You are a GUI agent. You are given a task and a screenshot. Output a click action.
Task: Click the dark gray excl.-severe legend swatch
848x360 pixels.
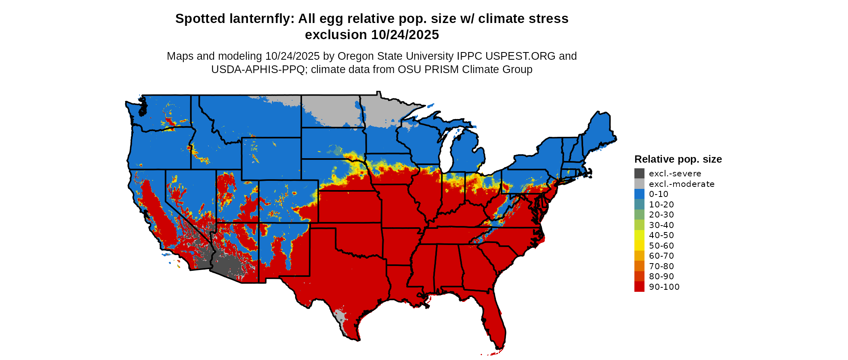click(639, 174)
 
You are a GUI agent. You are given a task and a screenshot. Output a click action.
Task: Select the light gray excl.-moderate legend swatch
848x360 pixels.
click(639, 184)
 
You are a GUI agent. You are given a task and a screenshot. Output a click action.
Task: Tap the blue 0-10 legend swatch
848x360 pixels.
click(639, 194)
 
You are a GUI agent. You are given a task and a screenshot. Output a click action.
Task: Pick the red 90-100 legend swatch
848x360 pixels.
click(639, 287)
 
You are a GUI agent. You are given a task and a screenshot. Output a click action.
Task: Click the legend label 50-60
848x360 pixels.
click(661, 246)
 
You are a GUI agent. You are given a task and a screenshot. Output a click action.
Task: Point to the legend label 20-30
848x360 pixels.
click(661, 215)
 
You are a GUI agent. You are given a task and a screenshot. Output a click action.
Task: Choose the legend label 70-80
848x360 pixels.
click(661, 266)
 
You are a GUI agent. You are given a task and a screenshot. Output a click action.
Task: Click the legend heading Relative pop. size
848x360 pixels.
click(678, 159)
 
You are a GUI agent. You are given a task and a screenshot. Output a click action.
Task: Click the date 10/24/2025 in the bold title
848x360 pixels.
click(405, 35)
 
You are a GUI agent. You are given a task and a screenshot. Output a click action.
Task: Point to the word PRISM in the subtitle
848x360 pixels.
click(444, 69)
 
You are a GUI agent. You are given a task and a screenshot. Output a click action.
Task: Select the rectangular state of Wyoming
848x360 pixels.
click(271, 159)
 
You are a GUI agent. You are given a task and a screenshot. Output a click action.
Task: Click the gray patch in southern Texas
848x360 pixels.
click(340, 319)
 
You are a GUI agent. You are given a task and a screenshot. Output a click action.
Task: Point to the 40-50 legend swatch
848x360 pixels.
click(639, 235)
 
